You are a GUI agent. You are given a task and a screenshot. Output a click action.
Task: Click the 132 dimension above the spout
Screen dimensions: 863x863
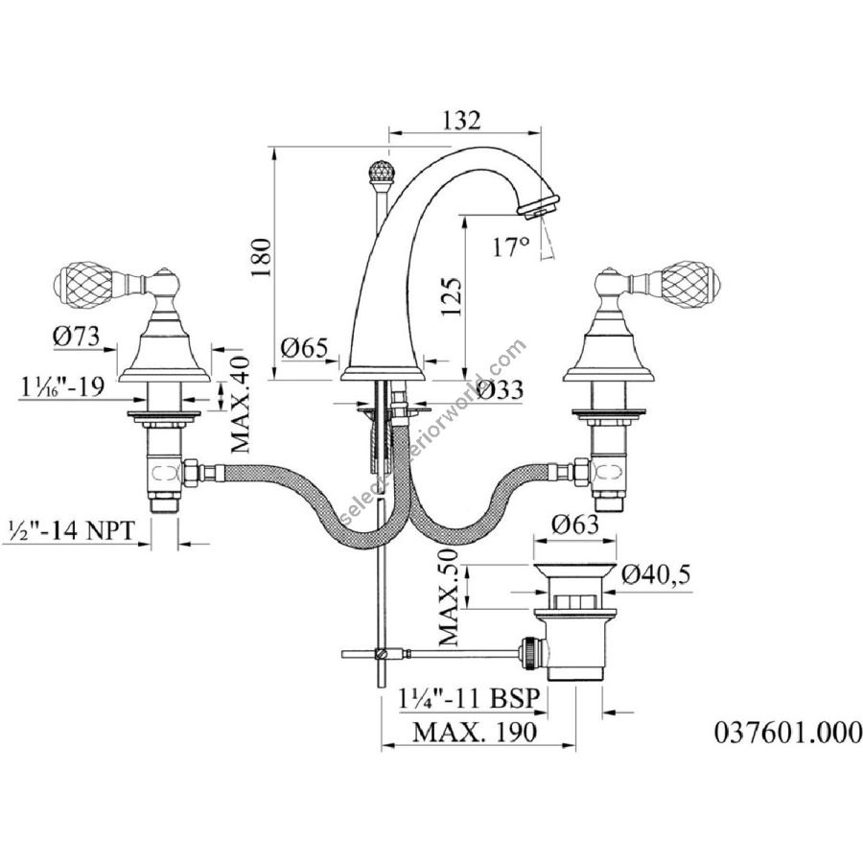pos(461,120)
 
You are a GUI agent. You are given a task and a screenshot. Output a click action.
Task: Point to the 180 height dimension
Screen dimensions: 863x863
pos(262,258)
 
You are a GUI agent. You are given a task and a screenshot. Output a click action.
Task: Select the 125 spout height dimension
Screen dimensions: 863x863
pos(452,296)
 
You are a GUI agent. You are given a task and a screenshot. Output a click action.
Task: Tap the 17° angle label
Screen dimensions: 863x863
pos(511,247)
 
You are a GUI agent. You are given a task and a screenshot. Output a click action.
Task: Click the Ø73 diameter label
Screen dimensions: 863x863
pos(77,336)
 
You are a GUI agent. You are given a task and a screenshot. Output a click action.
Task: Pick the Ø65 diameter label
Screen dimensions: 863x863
pos(304,348)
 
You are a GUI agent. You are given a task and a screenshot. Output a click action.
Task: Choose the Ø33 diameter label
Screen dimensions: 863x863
pos(501,389)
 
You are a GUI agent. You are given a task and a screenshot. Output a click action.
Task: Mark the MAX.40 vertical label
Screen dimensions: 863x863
pos(241,405)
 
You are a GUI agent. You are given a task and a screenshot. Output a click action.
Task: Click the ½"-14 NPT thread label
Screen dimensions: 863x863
pos(72,530)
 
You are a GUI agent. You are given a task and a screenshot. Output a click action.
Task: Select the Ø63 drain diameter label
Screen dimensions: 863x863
pos(575,525)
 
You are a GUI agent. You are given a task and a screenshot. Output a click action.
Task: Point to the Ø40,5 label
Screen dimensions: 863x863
pos(656,575)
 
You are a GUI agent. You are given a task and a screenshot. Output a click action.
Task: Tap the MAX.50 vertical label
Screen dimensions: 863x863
pos(449,597)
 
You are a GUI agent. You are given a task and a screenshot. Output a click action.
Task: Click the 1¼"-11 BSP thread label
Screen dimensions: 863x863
pos(469,699)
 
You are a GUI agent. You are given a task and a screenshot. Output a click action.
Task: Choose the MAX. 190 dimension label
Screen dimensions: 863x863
pos(475,732)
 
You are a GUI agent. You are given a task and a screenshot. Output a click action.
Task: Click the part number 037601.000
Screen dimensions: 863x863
pos(788,733)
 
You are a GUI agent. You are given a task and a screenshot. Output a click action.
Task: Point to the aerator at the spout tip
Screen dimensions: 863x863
pos(539,205)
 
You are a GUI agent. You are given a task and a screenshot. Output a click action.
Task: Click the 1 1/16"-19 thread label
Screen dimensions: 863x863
pos(62,386)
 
